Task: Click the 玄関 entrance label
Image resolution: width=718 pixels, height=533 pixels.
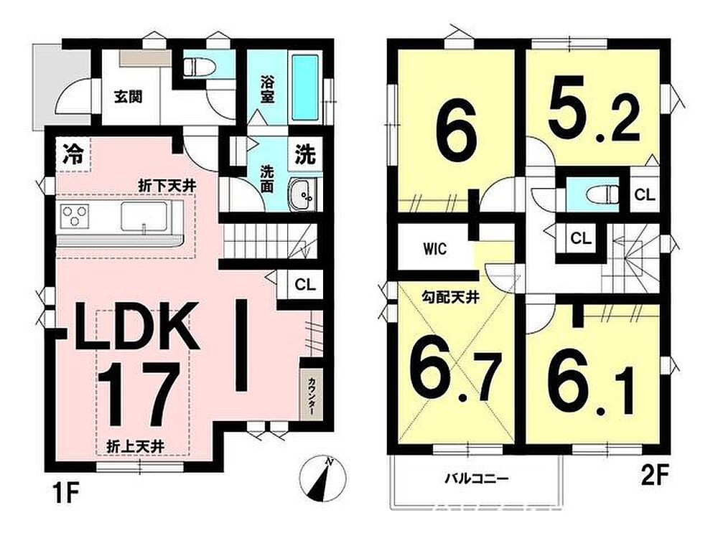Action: (129, 97)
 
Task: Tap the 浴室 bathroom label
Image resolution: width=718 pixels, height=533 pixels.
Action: (267, 90)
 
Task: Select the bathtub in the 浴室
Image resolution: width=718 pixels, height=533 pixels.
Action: (304, 88)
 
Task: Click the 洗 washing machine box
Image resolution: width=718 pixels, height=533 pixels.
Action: (305, 154)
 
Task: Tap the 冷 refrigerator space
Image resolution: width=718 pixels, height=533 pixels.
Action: (73, 154)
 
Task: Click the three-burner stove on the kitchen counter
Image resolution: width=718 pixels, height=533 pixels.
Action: (75, 216)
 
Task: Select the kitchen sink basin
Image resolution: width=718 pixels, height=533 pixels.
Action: (144, 216)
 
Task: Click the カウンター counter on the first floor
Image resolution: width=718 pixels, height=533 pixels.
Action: (311, 395)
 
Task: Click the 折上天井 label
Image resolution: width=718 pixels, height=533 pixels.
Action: (135, 446)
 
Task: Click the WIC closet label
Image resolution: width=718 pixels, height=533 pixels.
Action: (434, 250)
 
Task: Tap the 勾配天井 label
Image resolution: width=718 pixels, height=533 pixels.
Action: (450, 298)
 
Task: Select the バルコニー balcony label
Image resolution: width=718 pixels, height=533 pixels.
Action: (477, 479)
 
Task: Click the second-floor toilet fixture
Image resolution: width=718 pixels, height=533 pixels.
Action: (602, 194)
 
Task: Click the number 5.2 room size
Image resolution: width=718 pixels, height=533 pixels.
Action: (594, 109)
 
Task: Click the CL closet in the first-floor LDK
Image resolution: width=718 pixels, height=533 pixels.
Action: (305, 285)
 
